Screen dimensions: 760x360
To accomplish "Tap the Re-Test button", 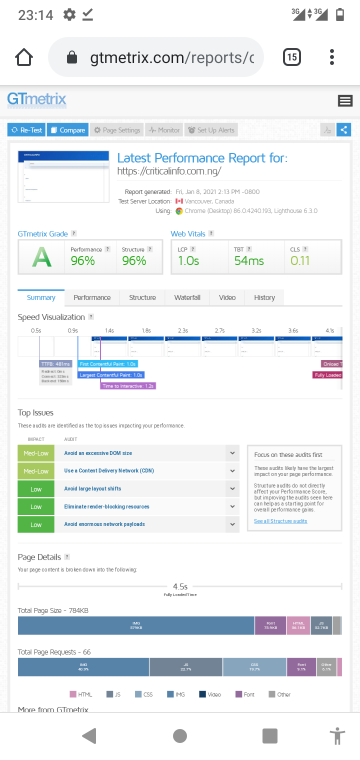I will coord(27,130).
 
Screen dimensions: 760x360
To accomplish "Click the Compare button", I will coord(67,130).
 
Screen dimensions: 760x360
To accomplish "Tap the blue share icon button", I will coord(343,130).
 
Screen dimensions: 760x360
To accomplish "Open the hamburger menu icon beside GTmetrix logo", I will coord(345,101).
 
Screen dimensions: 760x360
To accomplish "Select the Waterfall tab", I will coord(187,297).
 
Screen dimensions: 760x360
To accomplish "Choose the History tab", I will coord(264,297).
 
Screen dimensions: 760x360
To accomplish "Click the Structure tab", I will coord(142,297).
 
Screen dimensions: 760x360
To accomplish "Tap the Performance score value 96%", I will coord(83,260).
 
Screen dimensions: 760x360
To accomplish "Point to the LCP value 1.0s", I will coord(188,260).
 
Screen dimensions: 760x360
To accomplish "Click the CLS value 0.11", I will coord(300,260).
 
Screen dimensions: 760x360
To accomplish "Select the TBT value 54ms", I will coord(249,260).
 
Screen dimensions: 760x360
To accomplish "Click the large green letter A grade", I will coord(42,257).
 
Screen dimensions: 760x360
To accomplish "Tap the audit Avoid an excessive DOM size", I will coord(98,453).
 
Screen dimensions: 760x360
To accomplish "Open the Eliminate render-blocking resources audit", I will coord(106,506).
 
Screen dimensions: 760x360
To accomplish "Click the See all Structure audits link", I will coord(280,521).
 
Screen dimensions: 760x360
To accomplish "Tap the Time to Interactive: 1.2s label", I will coord(128,386).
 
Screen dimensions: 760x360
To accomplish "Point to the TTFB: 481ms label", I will coord(56,364).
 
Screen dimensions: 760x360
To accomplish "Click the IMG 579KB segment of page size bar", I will coord(136,625).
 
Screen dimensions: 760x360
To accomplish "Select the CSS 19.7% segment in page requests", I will coord(254,667).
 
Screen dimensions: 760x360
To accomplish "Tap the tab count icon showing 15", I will coord(292,57).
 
